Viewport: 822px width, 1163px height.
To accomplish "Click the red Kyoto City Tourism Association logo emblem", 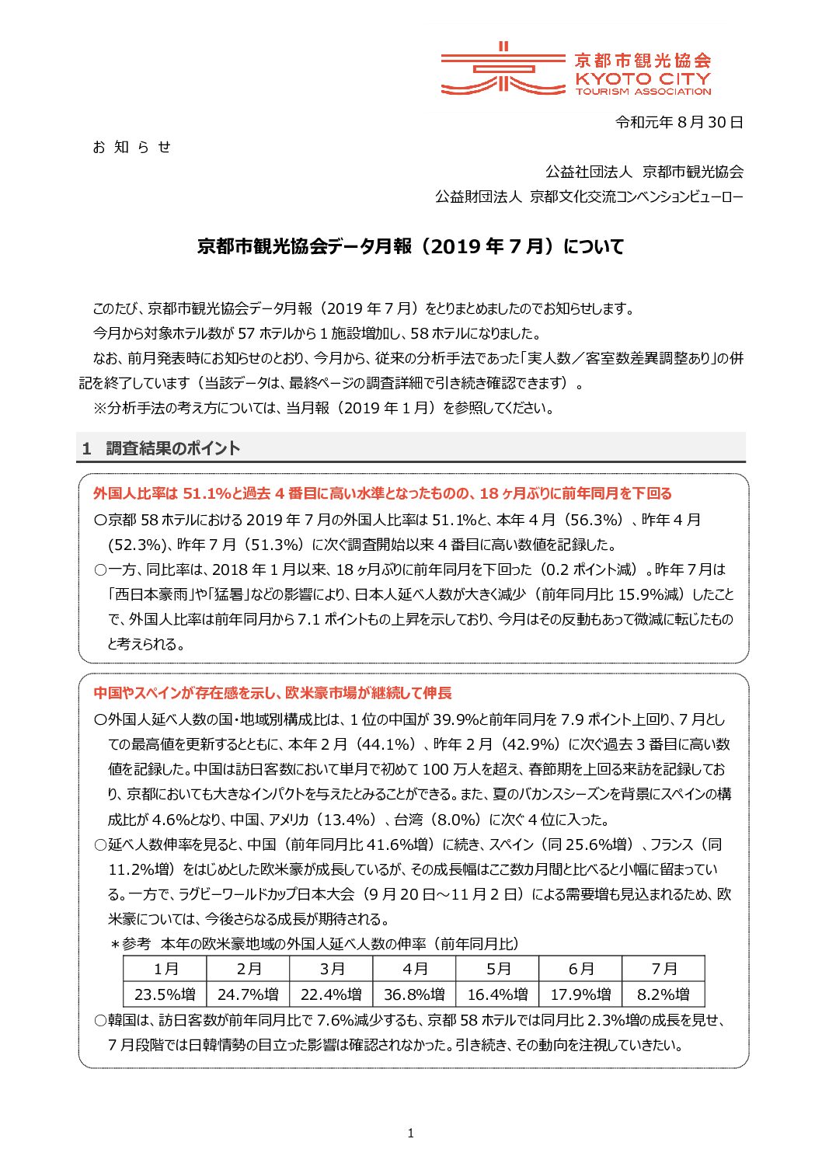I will point(502,69).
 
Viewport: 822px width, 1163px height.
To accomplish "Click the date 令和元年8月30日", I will point(679,122).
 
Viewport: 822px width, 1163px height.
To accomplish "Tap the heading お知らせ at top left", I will point(131,147).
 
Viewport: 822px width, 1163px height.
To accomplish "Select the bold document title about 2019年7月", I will point(410,246).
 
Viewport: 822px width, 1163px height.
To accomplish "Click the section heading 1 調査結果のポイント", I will point(162,448).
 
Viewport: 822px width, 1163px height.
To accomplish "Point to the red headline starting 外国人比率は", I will point(382,493).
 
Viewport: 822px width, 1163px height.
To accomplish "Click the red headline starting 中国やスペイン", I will point(272,693).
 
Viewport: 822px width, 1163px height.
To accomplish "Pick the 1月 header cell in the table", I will point(165,969).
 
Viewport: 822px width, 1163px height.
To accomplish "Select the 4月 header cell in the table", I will point(415,969).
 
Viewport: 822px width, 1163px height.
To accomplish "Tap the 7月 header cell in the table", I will point(664,969).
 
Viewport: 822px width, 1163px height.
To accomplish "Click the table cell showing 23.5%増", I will point(165,994).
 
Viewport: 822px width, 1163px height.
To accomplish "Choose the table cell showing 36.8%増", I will point(415,994).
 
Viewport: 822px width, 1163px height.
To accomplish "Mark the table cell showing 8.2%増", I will point(664,994).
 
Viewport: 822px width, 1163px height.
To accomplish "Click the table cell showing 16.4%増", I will point(497,994).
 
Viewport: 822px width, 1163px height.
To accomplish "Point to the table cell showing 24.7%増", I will point(249,994).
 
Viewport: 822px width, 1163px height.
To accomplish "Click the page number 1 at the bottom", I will point(410,1133).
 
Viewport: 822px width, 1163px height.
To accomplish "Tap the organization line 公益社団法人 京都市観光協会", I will point(644,172).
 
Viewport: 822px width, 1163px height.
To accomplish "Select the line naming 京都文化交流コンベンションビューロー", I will point(589,197).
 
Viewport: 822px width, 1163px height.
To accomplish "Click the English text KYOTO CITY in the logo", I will point(643,78).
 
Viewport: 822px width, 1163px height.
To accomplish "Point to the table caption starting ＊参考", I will point(315,944).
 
